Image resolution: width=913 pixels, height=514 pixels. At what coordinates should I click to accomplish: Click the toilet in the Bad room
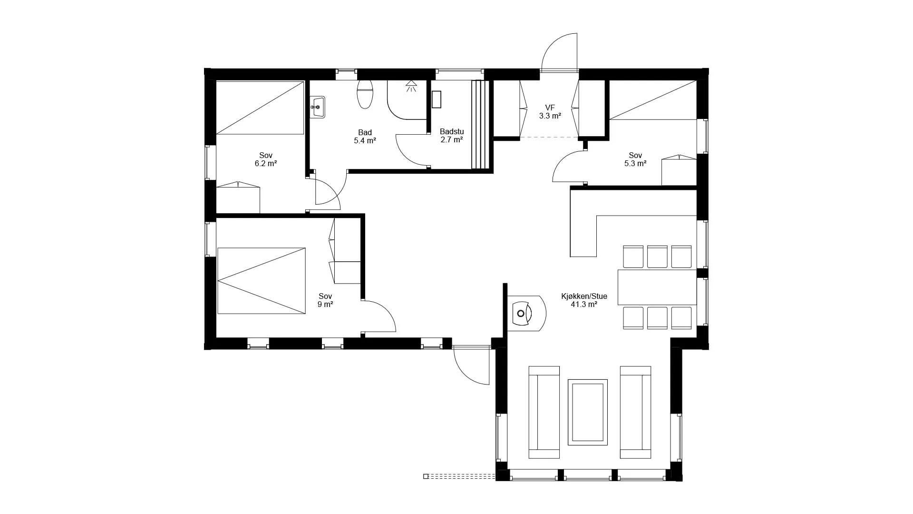(x=365, y=94)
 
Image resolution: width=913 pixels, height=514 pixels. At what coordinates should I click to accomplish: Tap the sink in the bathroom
(x=318, y=107)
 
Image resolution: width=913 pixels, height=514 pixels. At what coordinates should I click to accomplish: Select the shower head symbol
(x=411, y=86)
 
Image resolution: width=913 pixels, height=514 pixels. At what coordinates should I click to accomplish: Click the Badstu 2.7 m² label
(x=452, y=136)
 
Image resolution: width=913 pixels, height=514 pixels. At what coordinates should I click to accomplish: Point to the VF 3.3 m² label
(x=550, y=112)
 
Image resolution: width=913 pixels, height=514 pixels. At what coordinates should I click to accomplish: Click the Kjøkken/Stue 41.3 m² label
(x=584, y=300)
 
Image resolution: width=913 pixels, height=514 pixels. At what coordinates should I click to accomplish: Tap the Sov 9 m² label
(x=325, y=300)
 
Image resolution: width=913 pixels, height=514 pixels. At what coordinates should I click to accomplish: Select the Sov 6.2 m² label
(x=266, y=159)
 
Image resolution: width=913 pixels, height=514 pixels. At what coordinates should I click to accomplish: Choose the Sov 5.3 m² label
(x=635, y=159)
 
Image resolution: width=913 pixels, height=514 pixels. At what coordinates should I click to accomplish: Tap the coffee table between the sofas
(x=588, y=412)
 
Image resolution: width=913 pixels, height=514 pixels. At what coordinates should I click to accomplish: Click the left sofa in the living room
(x=544, y=412)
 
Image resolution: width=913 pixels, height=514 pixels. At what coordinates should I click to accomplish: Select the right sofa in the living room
(x=635, y=412)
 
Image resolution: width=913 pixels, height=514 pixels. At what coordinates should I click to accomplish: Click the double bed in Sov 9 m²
(x=262, y=281)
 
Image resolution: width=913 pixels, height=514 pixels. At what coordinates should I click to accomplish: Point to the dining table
(x=657, y=287)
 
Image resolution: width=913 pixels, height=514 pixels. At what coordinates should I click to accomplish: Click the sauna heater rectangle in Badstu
(x=437, y=99)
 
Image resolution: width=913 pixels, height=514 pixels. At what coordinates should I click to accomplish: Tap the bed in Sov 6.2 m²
(x=260, y=108)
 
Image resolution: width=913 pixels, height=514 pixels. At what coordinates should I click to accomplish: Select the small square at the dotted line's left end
(x=426, y=476)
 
